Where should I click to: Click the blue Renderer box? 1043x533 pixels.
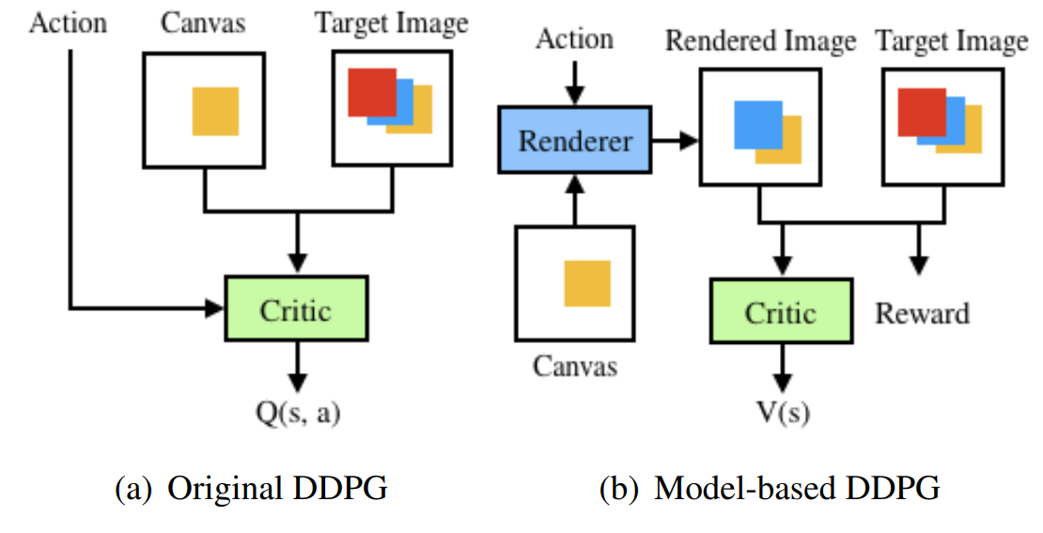575,141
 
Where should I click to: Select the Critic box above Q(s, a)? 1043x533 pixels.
295,308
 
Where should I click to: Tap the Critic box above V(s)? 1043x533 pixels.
780,311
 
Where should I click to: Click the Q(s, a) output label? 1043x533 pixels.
297,413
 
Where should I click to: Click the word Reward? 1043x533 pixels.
922,312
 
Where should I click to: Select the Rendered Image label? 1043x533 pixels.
761,41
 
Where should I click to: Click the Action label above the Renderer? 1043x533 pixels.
574,39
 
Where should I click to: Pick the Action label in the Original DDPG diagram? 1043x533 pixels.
69,22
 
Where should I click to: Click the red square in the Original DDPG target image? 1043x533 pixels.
370,92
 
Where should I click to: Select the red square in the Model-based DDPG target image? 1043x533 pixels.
920,112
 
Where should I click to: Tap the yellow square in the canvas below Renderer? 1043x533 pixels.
587,283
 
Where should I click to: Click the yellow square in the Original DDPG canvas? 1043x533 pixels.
215,111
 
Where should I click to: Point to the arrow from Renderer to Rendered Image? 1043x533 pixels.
676,141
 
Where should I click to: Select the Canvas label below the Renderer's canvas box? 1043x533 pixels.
575,365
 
